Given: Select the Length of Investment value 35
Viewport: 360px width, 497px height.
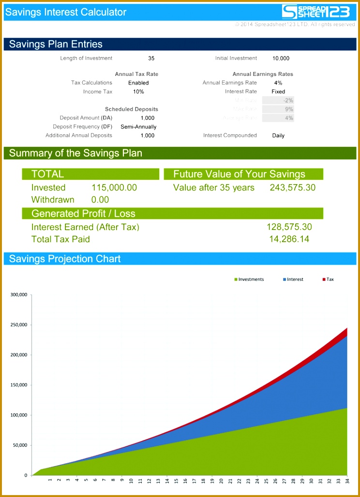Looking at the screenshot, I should (x=151, y=58).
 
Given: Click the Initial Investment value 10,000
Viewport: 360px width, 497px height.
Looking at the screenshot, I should (x=281, y=58).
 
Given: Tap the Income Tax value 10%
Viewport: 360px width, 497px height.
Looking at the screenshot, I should (x=138, y=92).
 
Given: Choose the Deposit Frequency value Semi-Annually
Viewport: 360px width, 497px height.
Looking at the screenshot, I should (x=138, y=127).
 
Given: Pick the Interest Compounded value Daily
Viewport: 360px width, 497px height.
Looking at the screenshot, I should (x=278, y=136).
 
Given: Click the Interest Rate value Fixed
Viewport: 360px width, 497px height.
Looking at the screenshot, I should (x=278, y=92).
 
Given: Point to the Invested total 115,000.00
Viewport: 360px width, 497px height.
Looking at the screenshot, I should (x=114, y=188).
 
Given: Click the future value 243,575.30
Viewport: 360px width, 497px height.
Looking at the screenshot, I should (x=292, y=188).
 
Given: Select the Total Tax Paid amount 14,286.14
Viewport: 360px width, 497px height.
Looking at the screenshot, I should (x=289, y=239).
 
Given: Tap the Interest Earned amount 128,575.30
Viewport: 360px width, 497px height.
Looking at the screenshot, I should (x=289, y=227).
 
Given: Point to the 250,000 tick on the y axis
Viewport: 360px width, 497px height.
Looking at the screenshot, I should (x=18, y=325).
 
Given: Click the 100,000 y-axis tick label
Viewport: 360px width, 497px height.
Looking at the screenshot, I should (x=18, y=415).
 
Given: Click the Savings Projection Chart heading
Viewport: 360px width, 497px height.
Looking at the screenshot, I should (x=65, y=259).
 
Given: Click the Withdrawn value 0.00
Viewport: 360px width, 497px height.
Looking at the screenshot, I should (x=100, y=200).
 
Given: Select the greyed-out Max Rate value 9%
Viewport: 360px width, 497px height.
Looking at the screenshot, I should (x=289, y=109).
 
